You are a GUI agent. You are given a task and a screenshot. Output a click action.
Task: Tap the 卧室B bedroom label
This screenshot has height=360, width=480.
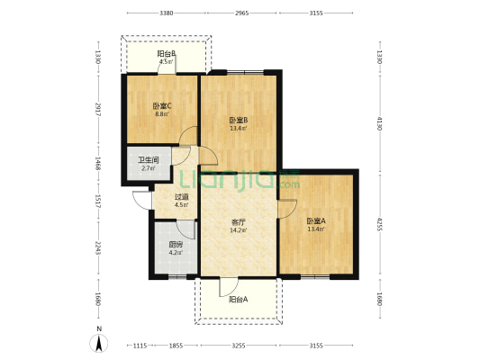click(239, 121)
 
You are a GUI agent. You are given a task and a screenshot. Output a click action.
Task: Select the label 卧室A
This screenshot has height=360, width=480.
click(316, 220)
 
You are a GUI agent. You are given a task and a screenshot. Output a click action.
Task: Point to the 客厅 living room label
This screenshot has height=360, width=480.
click(239, 222)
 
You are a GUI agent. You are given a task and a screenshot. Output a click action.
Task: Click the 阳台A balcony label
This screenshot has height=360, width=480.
click(239, 300)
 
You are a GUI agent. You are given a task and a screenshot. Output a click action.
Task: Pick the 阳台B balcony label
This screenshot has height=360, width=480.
click(166, 54)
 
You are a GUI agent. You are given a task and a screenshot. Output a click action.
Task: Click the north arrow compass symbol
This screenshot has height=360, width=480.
click(98, 342)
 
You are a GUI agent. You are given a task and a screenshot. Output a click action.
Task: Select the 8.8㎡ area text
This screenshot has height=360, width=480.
click(161, 114)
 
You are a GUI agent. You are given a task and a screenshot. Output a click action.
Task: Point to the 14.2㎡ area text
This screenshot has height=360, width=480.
click(239, 230)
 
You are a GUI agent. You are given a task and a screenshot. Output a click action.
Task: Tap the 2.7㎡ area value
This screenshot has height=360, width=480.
click(147, 168)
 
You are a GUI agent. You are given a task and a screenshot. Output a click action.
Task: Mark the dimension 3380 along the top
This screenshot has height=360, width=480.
click(166, 13)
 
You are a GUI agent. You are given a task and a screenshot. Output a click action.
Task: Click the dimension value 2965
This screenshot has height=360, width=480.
click(241, 13)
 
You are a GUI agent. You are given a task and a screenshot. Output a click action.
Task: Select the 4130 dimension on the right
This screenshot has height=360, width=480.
click(380, 122)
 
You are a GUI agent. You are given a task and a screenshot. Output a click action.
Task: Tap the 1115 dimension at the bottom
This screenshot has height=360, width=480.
click(139, 346)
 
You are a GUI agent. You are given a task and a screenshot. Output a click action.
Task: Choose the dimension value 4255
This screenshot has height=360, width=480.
click(380, 224)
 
